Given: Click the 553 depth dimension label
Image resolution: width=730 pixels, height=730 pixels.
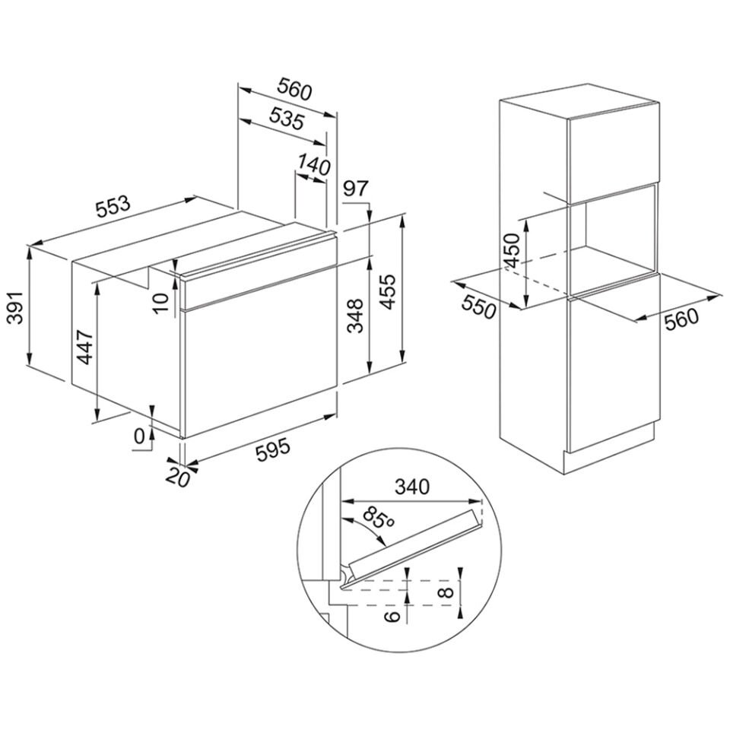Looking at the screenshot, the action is [113, 207].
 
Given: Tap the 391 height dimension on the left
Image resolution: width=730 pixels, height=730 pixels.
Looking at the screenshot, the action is [17, 308].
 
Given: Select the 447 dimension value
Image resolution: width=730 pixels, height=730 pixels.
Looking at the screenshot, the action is [85, 347].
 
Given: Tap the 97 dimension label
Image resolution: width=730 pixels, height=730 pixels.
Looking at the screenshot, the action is [356, 189].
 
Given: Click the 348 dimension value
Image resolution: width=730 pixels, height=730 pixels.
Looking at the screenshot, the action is [356, 316].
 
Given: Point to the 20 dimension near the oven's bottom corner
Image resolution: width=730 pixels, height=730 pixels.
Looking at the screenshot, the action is [178, 477].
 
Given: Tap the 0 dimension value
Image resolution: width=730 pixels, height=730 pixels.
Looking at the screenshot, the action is [138, 436].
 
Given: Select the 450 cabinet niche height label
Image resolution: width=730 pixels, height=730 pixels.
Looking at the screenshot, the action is [512, 252].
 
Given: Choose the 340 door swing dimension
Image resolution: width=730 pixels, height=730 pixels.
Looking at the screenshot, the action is [411, 487].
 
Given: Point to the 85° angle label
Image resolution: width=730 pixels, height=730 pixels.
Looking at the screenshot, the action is [378, 518].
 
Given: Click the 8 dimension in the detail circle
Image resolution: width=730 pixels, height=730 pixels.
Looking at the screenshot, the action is [446, 592].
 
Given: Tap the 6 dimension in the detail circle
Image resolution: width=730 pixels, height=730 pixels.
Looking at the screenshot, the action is [392, 617].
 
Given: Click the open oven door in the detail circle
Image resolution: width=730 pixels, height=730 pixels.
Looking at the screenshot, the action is [414, 548].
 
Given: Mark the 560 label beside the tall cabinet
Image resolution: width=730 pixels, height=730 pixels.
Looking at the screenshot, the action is [681, 319].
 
